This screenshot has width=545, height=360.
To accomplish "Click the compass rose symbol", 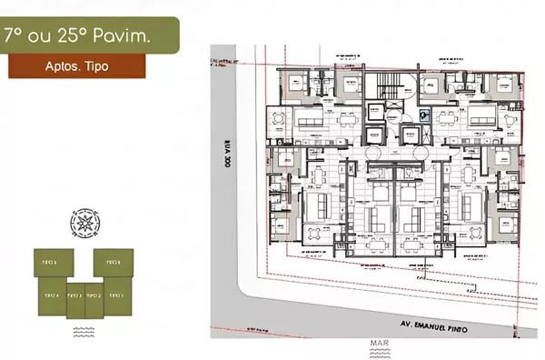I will coord(84,221).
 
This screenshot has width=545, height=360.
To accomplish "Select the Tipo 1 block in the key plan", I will coord(115,296).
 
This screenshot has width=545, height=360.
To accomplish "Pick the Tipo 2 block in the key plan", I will coord(94,296).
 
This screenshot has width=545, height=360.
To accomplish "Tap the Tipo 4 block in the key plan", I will coord(51,296).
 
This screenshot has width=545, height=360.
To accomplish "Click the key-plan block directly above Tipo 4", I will coord(51,263).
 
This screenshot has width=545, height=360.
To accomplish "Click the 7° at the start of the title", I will coord(15,37).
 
